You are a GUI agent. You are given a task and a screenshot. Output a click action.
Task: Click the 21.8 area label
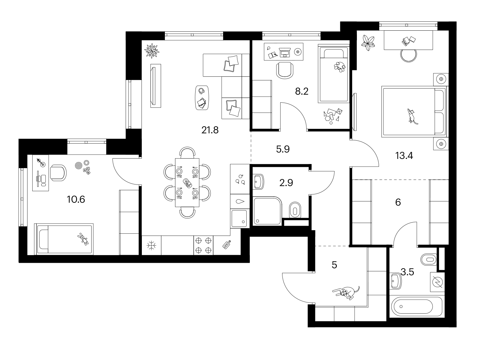210,130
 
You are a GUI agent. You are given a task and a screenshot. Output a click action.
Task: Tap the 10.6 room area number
76,200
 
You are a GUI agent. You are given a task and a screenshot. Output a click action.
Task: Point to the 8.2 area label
302,91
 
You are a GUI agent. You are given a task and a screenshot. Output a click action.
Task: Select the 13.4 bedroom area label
404,156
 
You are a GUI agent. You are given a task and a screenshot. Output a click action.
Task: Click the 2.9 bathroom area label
286,183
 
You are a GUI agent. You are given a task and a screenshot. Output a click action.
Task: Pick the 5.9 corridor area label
283,149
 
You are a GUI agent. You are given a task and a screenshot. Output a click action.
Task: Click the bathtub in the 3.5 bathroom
418,307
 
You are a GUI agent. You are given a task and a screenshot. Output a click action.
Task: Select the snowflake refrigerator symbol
151,245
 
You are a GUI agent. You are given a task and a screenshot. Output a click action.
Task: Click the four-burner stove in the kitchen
203,245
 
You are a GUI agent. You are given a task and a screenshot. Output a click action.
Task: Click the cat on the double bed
412,116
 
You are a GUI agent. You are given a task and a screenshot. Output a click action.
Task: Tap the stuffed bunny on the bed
83,239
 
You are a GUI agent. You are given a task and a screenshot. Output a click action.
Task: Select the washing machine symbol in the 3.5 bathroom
437,282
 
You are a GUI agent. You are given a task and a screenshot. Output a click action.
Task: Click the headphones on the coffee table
201,90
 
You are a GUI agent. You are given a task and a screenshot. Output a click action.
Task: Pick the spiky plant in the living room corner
152,51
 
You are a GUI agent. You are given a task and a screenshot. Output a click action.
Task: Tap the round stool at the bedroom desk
408,55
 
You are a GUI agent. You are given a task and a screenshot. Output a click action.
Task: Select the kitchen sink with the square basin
240,218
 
